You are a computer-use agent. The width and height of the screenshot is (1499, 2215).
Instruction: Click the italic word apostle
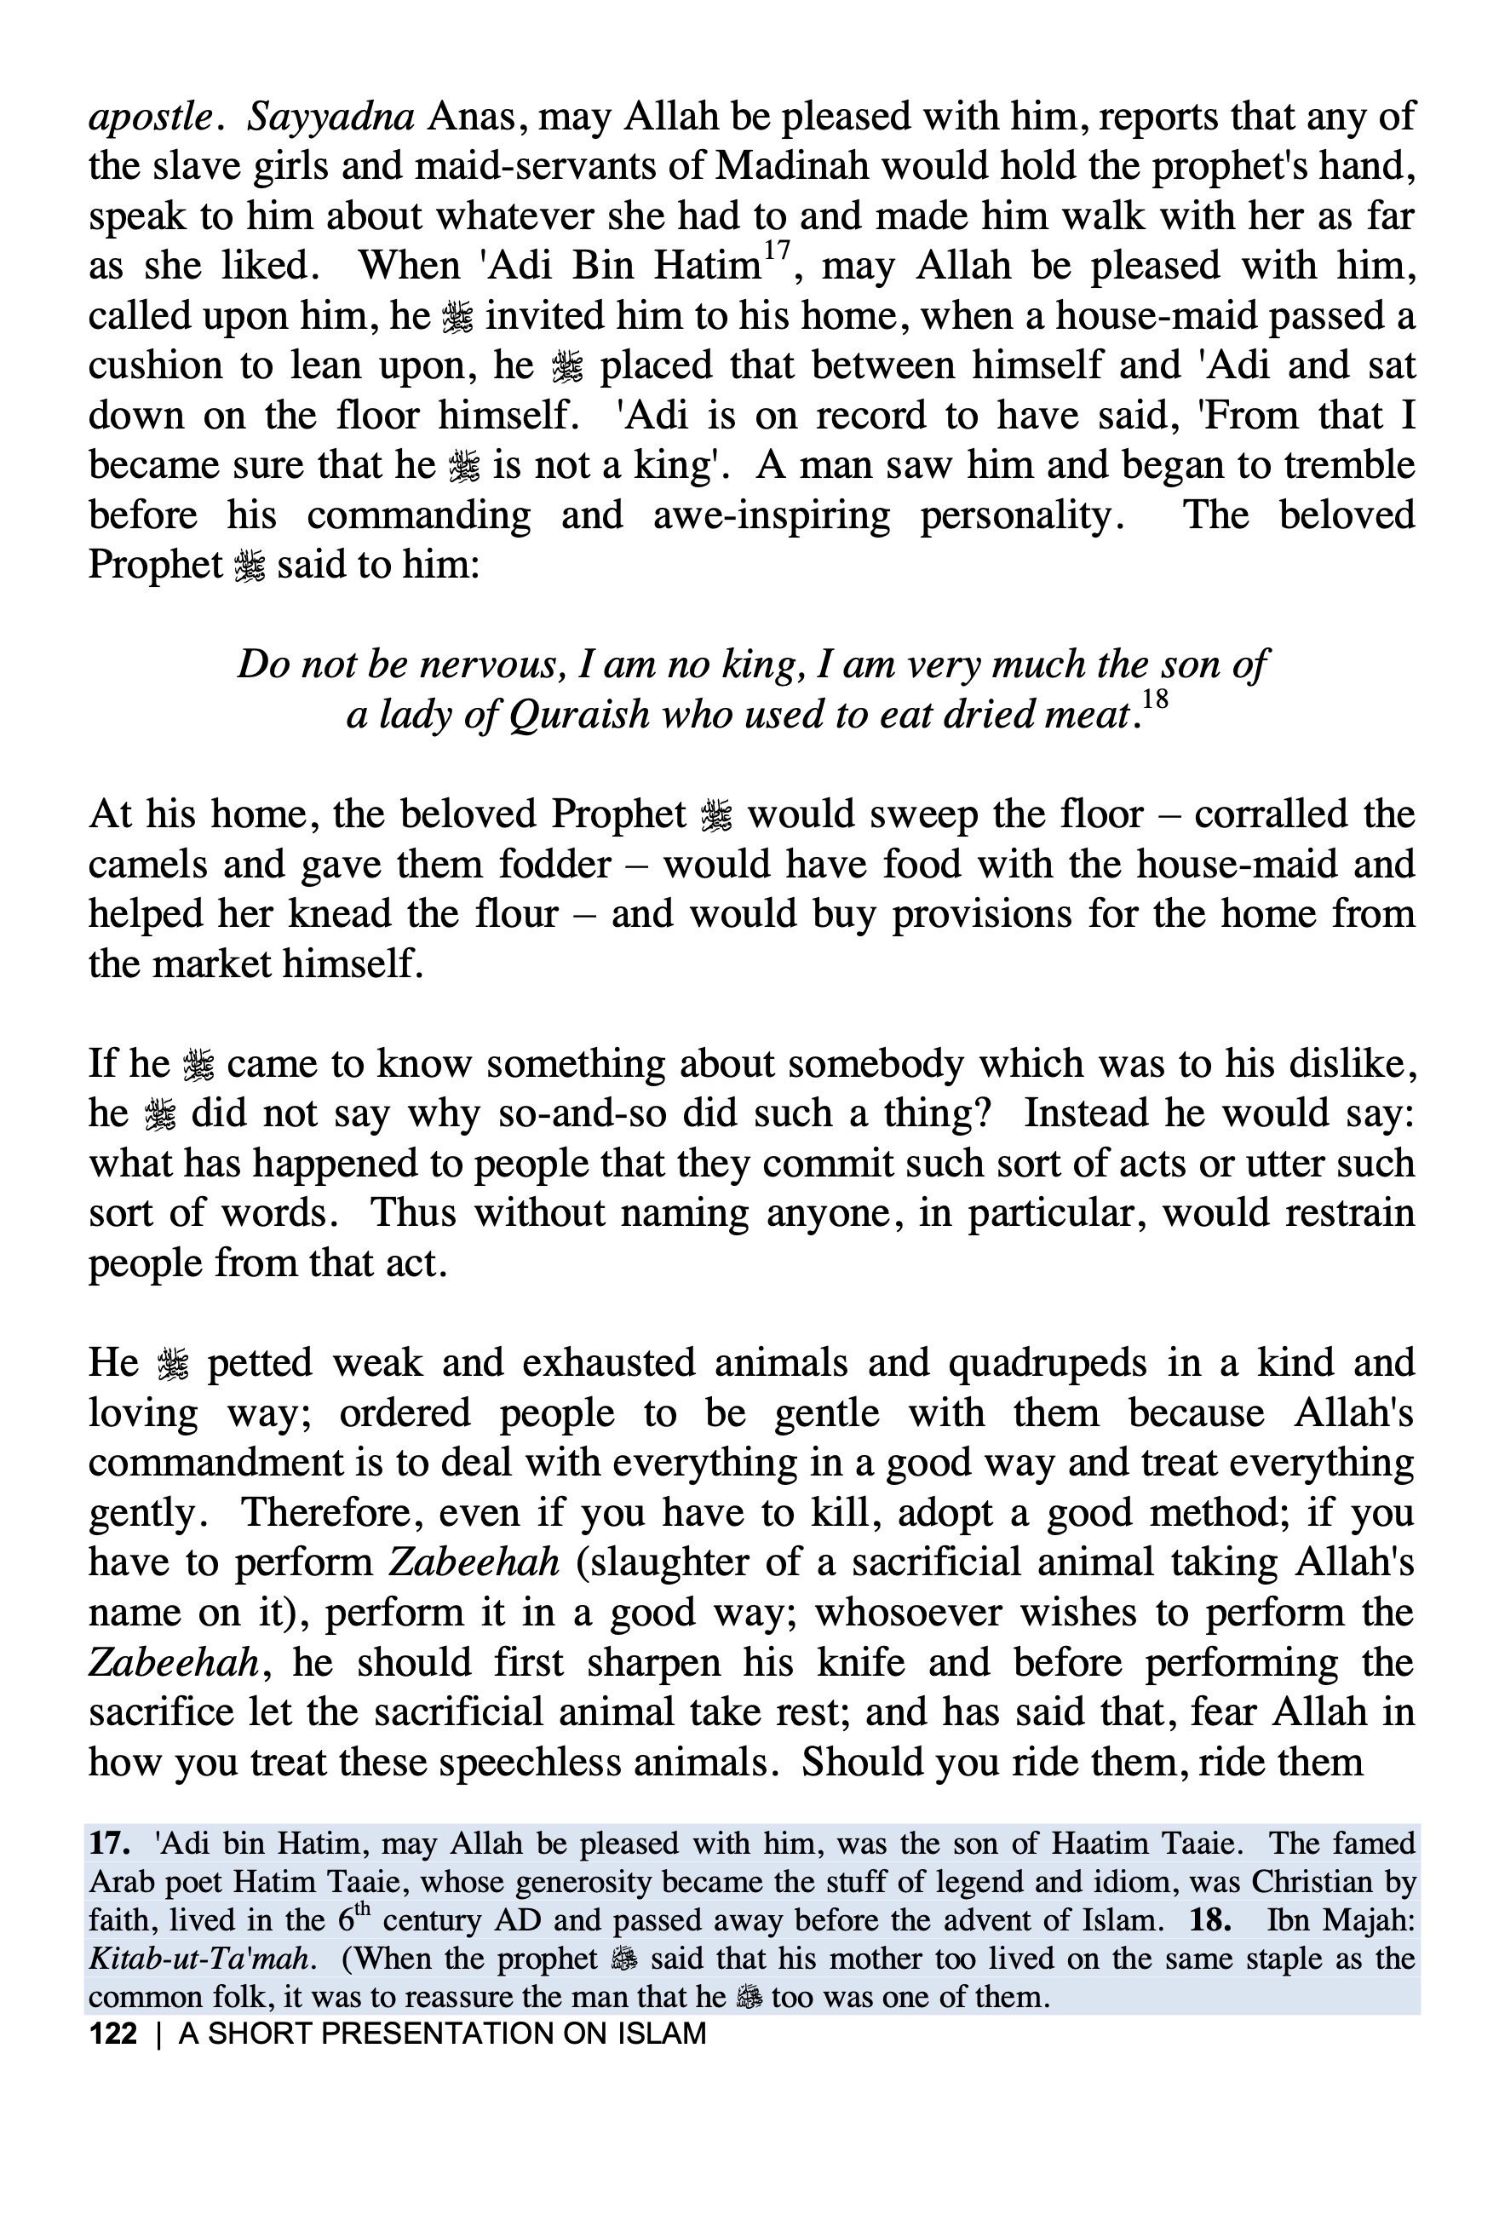(150, 118)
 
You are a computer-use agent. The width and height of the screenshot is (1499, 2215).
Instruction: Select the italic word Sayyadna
(330, 118)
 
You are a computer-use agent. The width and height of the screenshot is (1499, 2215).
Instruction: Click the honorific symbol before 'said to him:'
(249, 567)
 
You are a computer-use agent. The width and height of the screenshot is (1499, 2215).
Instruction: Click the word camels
(141, 865)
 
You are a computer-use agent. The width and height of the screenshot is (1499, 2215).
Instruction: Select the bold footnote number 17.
(110, 1844)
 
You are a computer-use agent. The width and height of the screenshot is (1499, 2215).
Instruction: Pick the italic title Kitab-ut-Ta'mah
(199, 1959)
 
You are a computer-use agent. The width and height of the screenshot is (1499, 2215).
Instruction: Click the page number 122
(112, 2034)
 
